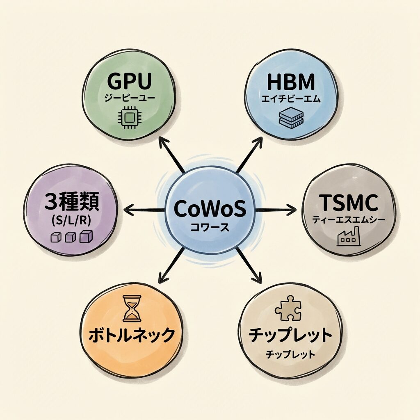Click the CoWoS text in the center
pos(210,210)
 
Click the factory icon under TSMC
pos(348,237)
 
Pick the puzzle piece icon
pos(288,308)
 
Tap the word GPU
pos(130,82)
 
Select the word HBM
pos(291,82)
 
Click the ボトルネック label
pos(132,335)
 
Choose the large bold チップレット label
pos(290,335)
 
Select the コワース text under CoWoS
pos(210,227)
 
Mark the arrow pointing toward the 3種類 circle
pos(144,211)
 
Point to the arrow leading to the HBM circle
pos(249,155)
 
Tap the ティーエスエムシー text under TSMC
pos(348,220)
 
